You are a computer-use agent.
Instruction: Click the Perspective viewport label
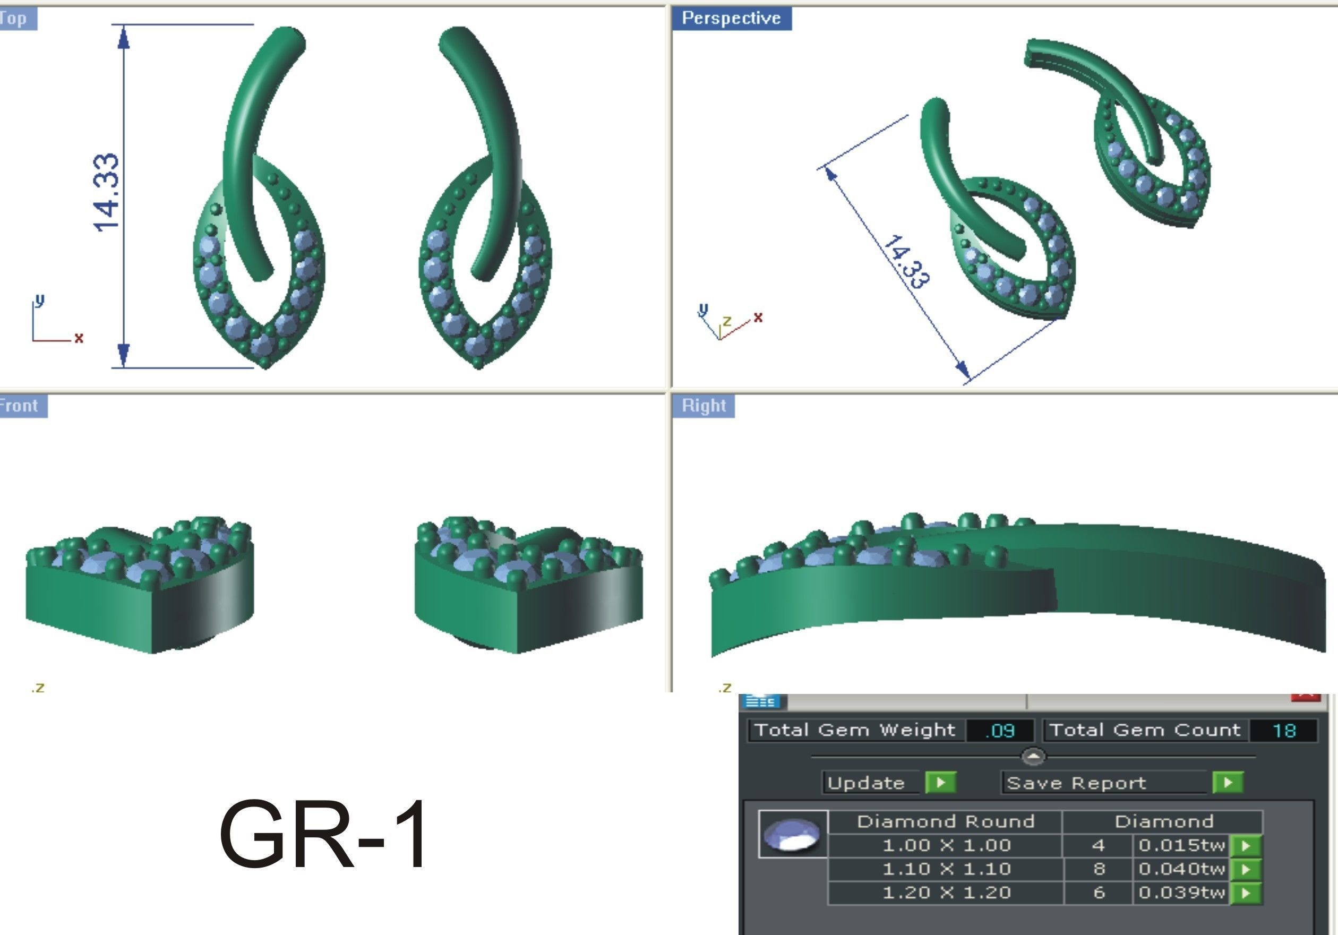point(731,18)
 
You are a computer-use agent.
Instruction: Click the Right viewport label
point(704,406)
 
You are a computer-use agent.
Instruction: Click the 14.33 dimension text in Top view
point(107,193)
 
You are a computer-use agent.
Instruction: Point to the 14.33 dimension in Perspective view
point(906,262)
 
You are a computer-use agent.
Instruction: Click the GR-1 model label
point(323,835)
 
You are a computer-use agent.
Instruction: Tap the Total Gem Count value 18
point(1283,731)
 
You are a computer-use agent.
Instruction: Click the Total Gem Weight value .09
point(999,731)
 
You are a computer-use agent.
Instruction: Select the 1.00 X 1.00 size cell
point(946,845)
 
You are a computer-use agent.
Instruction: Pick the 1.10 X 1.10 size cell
point(946,869)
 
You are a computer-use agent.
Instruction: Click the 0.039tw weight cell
point(1181,893)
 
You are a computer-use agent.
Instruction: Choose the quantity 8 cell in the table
point(1099,869)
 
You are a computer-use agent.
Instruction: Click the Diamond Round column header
point(945,821)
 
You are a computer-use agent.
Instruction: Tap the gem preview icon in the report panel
point(792,834)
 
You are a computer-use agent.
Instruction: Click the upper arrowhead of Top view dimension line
point(124,38)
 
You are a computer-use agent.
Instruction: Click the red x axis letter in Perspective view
point(758,317)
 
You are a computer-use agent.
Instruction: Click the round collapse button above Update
point(1033,757)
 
